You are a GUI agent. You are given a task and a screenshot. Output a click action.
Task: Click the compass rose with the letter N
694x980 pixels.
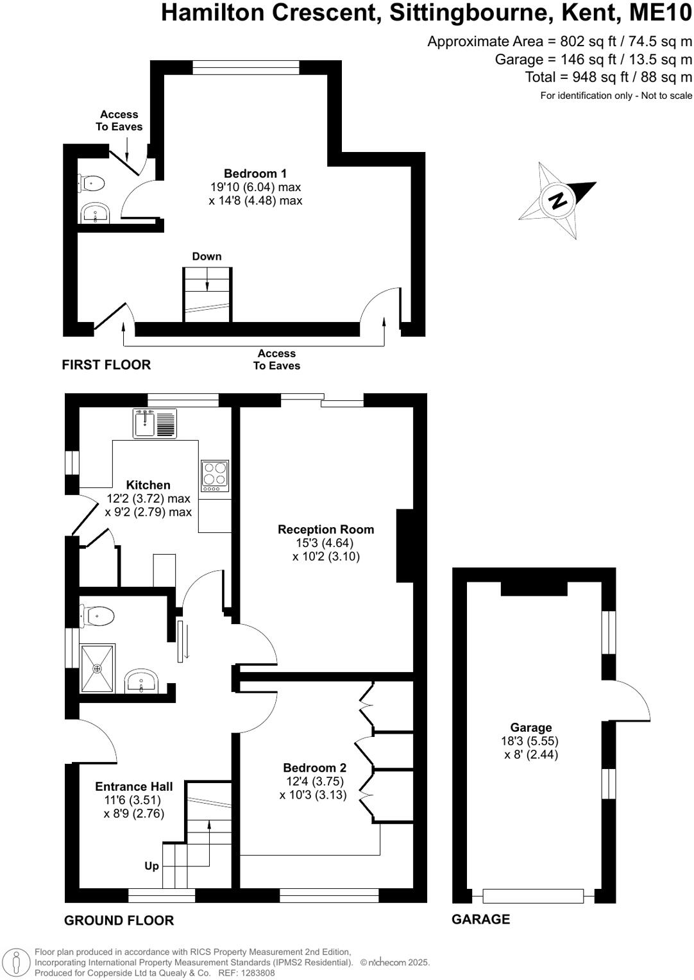pos(558,199)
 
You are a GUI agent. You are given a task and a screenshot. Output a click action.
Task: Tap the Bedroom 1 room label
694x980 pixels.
pos(255,174)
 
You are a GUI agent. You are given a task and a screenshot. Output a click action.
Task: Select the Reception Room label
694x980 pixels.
pos(326,530)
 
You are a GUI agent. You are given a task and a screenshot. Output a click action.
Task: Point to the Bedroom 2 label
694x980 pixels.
pos(314,768)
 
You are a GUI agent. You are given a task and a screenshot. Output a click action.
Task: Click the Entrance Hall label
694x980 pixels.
pos(133,787)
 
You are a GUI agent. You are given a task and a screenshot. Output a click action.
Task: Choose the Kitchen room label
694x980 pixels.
pos(148,486)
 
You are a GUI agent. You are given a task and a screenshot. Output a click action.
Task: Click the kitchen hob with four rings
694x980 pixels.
pos(215,476)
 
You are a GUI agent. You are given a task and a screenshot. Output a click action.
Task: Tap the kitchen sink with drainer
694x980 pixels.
pos(155,423)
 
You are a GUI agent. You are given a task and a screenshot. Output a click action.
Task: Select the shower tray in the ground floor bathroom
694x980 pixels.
pos(97,669)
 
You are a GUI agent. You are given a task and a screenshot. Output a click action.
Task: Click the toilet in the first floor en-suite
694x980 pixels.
pos(92,184)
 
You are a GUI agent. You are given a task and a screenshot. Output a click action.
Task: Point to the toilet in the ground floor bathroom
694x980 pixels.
pos(97,616)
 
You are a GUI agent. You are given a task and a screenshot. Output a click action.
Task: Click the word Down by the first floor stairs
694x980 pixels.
pos(207,257)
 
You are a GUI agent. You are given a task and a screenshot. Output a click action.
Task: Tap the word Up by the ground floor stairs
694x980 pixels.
pos(151,866)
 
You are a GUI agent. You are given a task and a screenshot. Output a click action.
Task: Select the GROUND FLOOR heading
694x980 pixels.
pos(119,920)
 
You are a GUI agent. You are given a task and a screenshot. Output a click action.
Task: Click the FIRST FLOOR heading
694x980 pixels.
pos(106,365)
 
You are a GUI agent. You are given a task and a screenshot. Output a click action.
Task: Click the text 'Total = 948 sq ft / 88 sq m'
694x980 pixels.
pos(609,78)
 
